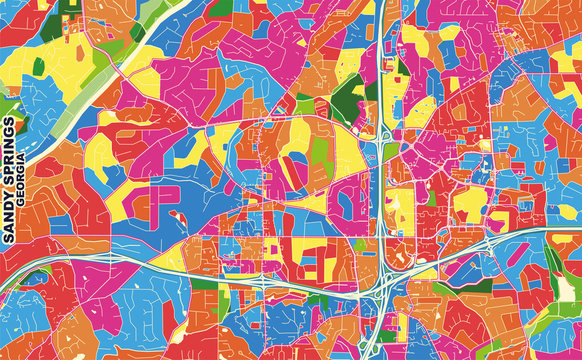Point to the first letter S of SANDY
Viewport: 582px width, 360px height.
[x=9, y=241]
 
